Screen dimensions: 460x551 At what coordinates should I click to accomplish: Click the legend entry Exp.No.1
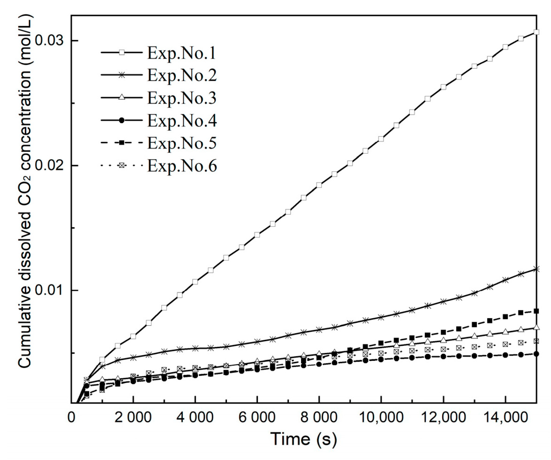point(182,53)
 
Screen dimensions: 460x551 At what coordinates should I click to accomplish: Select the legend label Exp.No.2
point(182,75)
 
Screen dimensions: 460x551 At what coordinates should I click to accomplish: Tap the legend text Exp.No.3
point(182,98)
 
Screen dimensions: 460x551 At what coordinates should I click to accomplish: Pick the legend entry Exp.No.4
point(182,120)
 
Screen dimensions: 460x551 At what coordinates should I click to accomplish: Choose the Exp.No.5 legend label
point(182,143)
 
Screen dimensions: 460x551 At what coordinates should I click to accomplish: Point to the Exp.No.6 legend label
point(182,166)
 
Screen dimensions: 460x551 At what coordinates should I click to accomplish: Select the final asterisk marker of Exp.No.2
point(536,269)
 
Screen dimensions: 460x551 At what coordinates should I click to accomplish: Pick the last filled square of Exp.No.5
point(536,311)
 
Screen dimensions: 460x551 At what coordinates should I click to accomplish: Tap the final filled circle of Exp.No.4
point(536,354)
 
